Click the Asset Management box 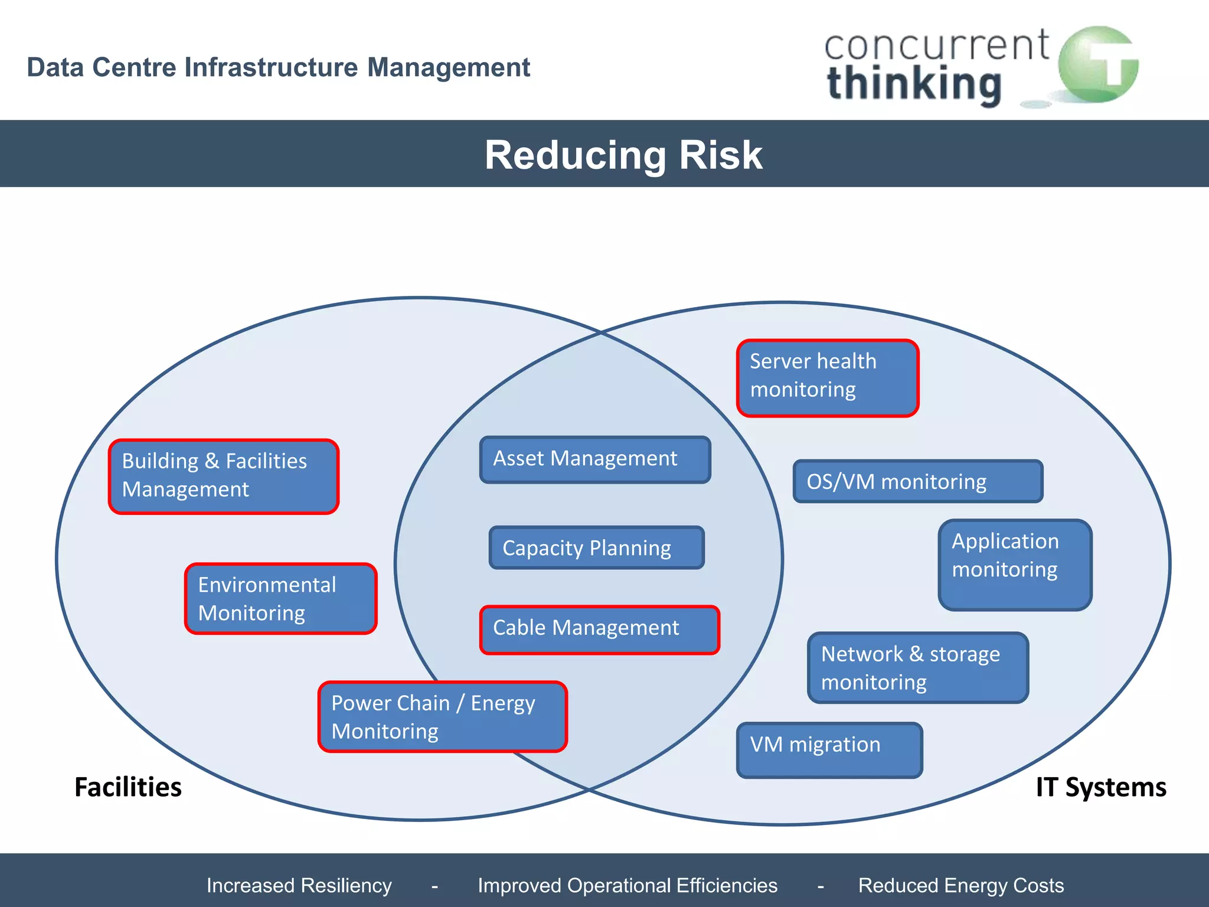(x=595, y=459)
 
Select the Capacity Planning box (x=596, y=547)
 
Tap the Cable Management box (x=599, y=629)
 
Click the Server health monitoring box (x=828, y=378)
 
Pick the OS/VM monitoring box (x=917, y=481)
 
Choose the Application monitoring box (x=1015, y=565)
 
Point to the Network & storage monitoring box (x=917, y=667)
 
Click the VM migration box (x=829, y=750)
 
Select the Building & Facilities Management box (x=224, y=476)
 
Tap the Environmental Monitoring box (x=280, y=599)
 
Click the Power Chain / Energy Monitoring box (x=442, y=717)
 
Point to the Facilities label (x=128, y=787)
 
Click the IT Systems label (x=1101, y=787)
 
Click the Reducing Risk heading (x=623, y=155)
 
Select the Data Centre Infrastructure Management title (x=279, y=67)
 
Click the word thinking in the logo (x=914, y=84)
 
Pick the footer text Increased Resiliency (x=299, y=885)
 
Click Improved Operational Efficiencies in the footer (x=628, y=885)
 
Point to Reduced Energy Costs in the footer (x=960, y=885)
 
